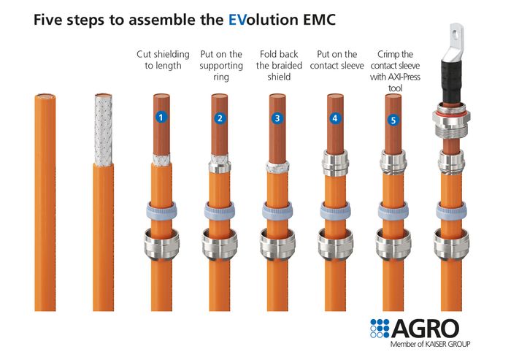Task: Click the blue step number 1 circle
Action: [x=161, y=117]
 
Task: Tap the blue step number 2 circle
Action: [x=220, y=118]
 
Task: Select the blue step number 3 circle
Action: [x=277, y=118]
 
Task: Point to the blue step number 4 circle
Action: [x=335, y=118]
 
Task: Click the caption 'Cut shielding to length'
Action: [x=163, y=61]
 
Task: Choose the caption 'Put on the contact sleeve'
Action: [x=337, y=61]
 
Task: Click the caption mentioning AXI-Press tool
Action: [x=395, y=71]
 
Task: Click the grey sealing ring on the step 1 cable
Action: [x=161, y=208]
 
